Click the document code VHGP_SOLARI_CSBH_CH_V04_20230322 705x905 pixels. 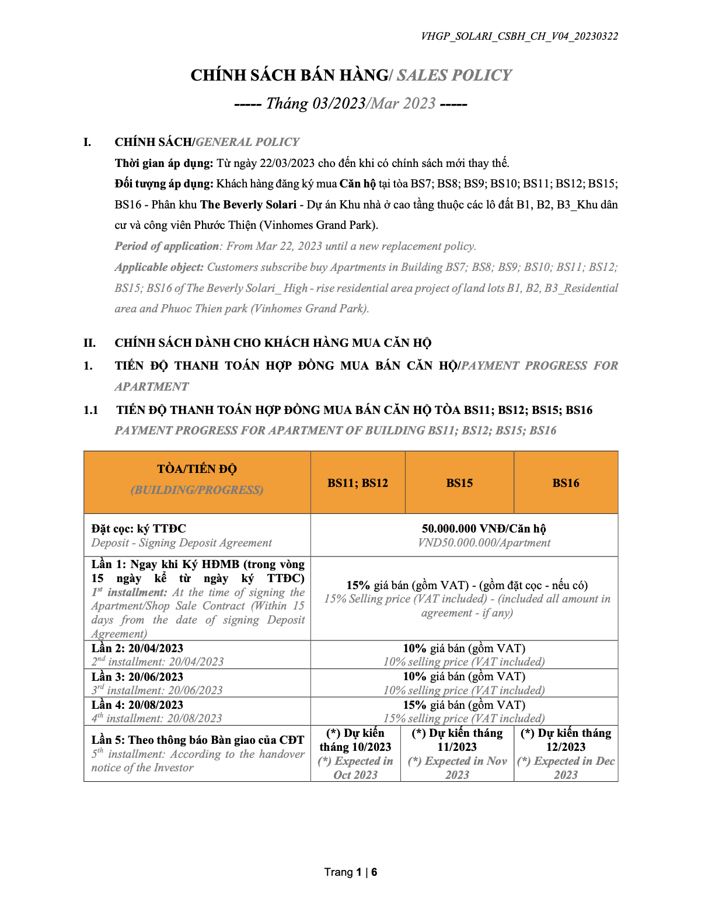519,36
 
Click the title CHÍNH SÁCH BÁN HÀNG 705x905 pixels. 289,75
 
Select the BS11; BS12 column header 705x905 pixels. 357,483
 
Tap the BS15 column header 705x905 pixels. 459,483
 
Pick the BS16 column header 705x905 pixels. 566,483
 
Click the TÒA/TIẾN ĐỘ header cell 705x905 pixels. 197,469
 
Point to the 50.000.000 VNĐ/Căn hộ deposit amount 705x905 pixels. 484,528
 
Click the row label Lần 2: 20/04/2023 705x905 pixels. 137,648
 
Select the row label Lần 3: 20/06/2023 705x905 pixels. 137,677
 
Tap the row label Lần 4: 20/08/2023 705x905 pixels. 137,705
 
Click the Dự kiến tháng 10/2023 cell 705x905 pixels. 355,740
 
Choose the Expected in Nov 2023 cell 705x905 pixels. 457,768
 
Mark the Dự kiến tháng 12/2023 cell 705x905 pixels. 566,740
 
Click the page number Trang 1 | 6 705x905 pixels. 351,872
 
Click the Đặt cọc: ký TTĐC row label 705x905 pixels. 138,528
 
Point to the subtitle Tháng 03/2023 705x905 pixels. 316,103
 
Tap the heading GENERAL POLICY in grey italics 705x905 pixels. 247,142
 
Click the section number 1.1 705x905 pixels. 90,410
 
